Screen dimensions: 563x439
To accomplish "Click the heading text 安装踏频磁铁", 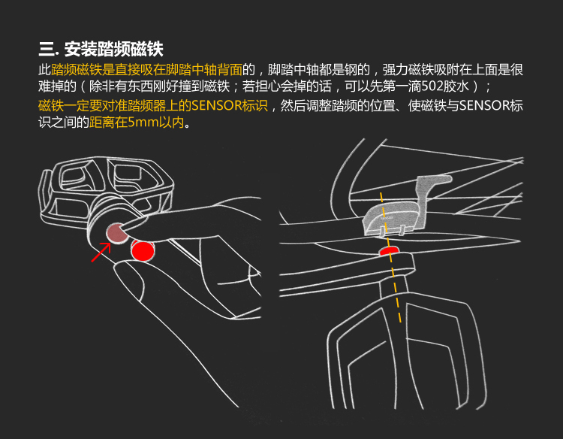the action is [114, 50].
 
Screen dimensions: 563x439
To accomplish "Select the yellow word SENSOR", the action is [216, 106].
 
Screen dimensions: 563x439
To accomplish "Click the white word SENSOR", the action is [483, 106].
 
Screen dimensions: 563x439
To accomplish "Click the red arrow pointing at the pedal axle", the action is [101, 253].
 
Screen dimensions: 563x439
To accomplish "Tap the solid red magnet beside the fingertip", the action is [143, 250].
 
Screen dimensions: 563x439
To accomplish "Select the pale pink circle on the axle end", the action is [117, 232].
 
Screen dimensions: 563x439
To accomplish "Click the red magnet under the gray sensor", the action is [389, 250].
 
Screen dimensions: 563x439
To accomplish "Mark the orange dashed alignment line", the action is [390, 256].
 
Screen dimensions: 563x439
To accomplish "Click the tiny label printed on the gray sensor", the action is [387, 218].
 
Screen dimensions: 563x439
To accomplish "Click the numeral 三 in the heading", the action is [47, 50].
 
